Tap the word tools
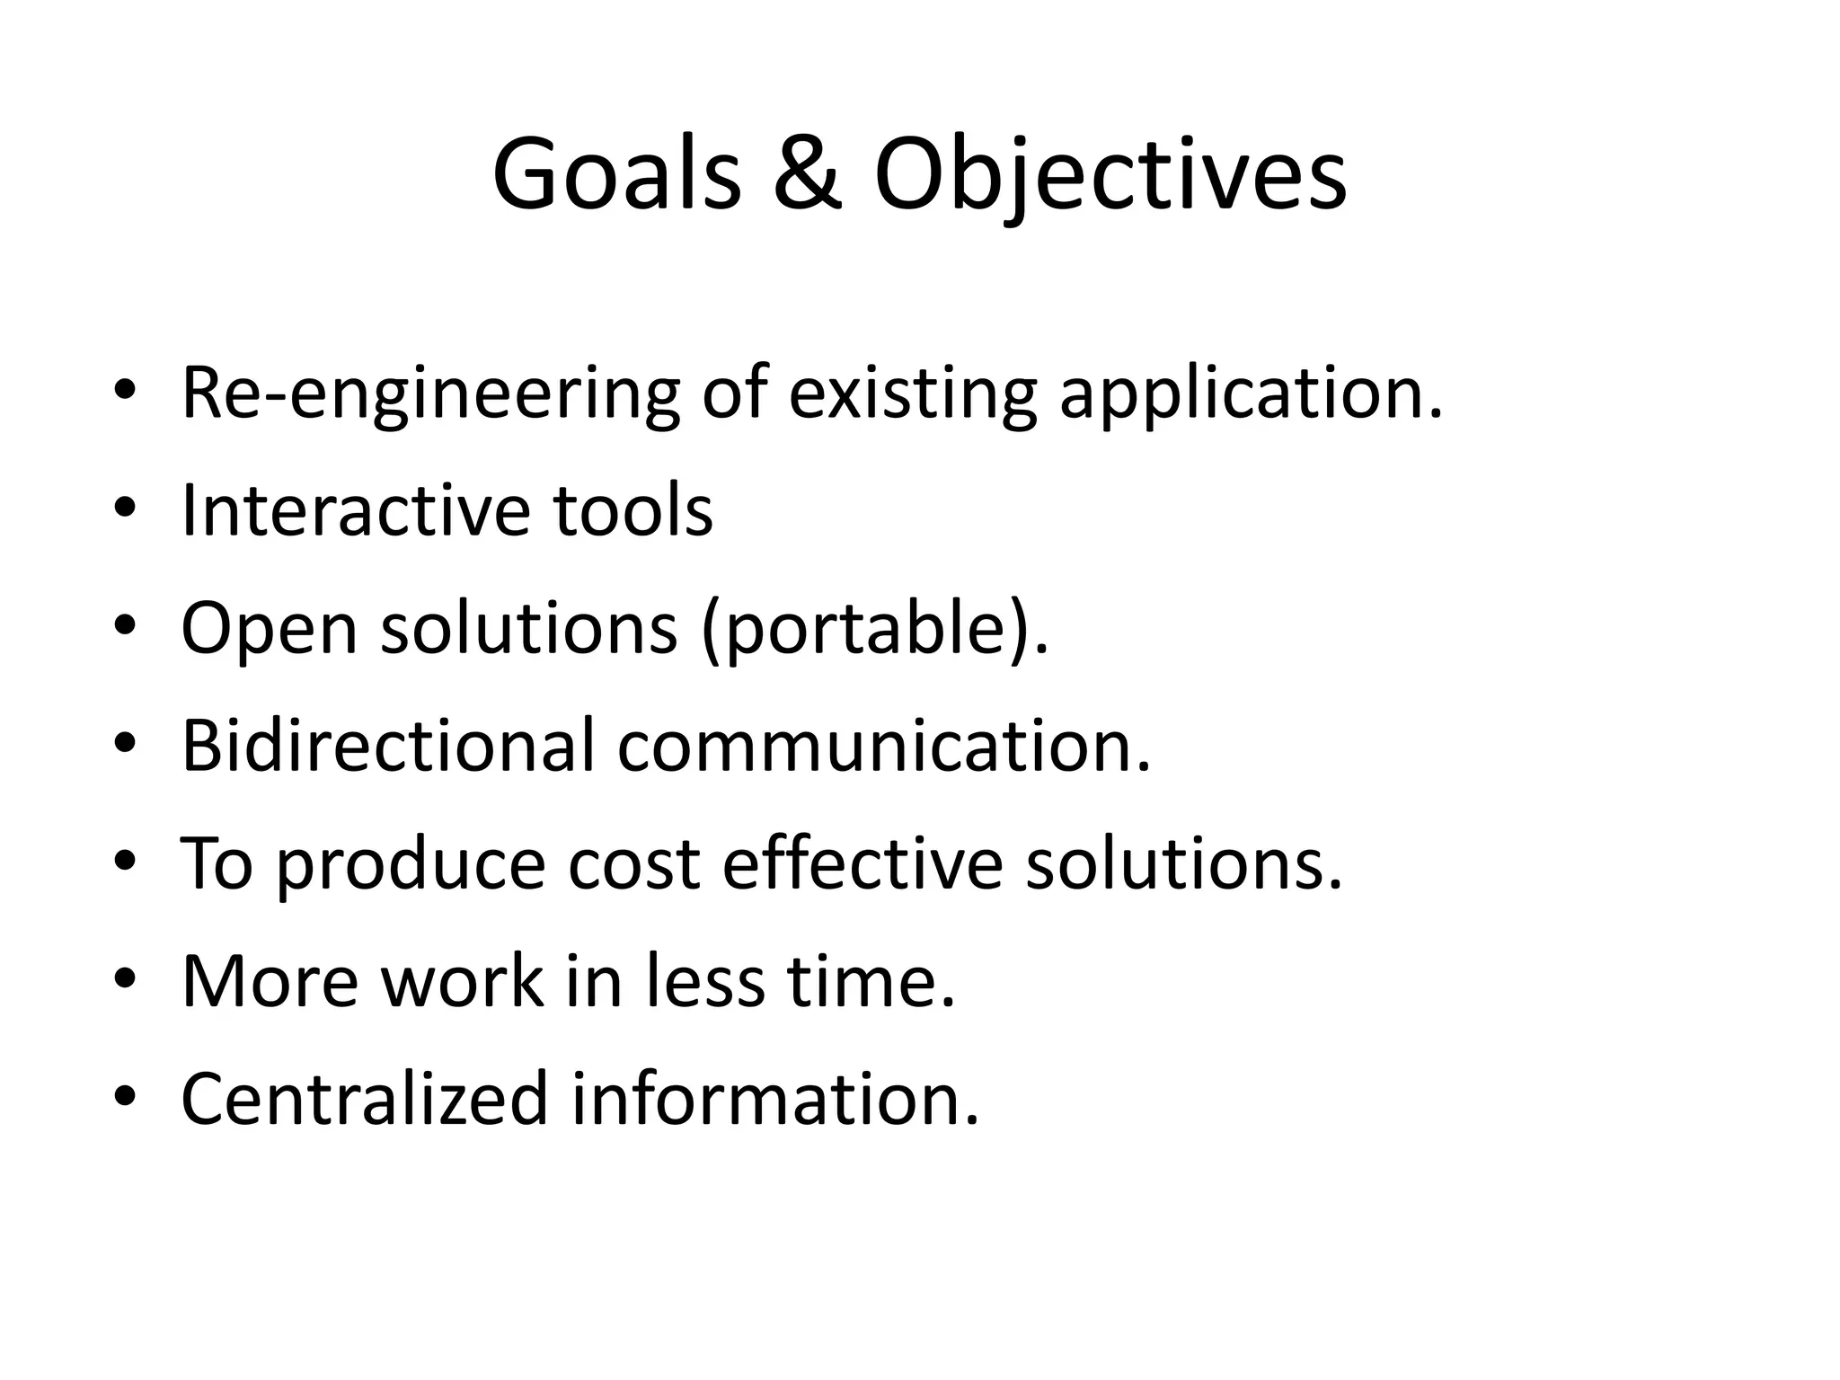pyautogui.click(x=632, y=510)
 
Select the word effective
pyautogui.click(x=862, y=863)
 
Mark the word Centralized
pyautogui.click(x=364, y=1098)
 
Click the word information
pyautogui.click(x=774, y=1098)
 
